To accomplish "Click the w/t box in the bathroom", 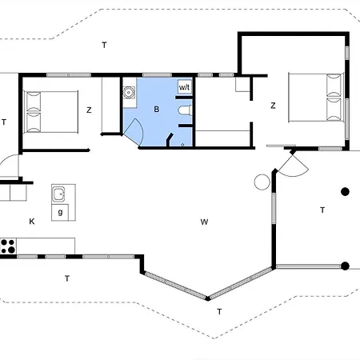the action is pos(185,86).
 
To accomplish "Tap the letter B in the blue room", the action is pos(157,109).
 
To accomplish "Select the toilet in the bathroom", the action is pos(186,110).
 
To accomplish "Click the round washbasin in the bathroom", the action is pos(129,92).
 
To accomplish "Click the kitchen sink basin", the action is pos(58,194).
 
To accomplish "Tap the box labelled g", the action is pos(60,212).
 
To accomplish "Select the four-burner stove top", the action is pos(8,246).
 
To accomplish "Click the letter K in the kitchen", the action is pos(32,222).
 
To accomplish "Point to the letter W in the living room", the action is pos(204,222).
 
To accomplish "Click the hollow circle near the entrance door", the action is pos(262,182).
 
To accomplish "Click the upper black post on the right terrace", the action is pos(346,191).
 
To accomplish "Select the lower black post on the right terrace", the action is pos(346,266).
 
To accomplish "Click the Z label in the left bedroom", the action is pos(89,110).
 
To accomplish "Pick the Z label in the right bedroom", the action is pos(273,106).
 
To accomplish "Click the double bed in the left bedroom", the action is pos(51,112).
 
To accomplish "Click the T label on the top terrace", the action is pos(104,45).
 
